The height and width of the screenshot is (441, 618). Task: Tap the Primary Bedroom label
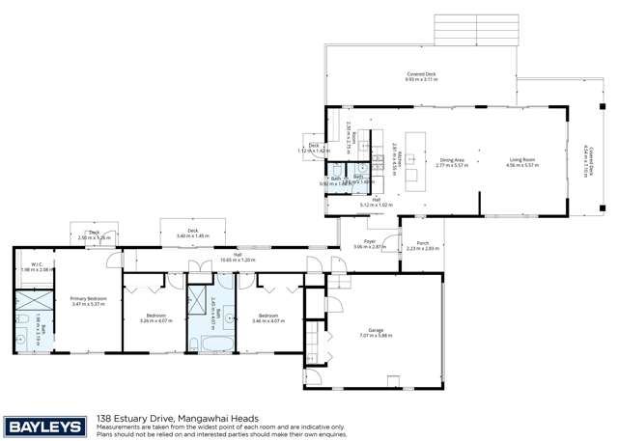coord(88,299)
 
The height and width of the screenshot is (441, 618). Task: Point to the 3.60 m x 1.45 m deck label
coord(193,233)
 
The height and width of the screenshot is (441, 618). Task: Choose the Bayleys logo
coord(45,426)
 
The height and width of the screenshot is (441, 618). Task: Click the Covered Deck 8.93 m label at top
coord(421,77)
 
